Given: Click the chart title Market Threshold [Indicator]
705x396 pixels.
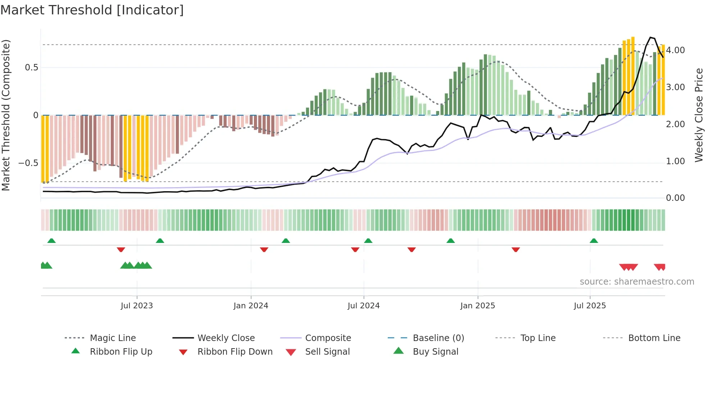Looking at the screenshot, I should (x=92, y=10).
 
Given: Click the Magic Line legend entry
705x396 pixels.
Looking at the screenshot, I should (x=113, y=338).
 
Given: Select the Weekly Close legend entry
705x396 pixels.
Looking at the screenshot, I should (x=226, y=338).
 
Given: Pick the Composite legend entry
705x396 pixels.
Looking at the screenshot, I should (x=328, y=338).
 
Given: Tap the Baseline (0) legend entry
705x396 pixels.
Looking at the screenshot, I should (x=438, y=338).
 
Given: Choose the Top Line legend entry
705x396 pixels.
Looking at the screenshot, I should (x=538, y=338).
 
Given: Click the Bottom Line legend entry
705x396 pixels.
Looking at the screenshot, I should (x=654, y=338).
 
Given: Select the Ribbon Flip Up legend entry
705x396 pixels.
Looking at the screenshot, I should (x=121, y=352).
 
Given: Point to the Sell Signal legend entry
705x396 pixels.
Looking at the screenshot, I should (x=327, y=352).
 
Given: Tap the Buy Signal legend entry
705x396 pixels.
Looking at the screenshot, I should (x=435, y=352).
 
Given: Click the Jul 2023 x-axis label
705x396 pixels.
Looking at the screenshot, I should (x=137, y=306).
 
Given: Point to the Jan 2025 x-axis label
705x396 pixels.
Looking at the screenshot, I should (x=478, y=306).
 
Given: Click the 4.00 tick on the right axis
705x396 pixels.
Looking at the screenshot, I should (x=675, y=50).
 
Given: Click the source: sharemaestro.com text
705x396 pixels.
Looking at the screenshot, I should (x=637, y=282).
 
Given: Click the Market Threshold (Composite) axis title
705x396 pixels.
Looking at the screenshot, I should (x=6, y=115).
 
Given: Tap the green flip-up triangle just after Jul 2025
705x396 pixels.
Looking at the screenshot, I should (x=594, y=241).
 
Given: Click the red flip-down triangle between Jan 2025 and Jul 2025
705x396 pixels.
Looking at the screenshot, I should (x=515, y=249).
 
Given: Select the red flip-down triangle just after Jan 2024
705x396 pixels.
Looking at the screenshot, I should (x=264, y=249).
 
